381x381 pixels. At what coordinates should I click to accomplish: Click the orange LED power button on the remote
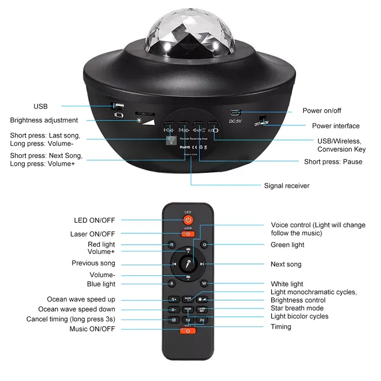tap(188, 220)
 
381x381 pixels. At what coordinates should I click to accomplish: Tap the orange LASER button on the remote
tap(188, 234)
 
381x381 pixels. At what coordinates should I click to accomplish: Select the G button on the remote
tap(204, 245)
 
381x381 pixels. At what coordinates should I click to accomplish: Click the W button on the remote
tap(204, 284)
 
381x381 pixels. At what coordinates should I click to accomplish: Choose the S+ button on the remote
tap(174, 300)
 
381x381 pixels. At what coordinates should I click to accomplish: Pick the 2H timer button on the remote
tap(202, 320)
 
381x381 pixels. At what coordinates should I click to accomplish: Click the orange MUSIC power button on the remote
tap(188, 331)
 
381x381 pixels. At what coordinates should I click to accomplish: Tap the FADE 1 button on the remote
tap(188, 299)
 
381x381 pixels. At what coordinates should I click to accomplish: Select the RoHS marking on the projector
tap(186, 148)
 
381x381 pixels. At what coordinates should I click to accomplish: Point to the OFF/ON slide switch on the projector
tap(261, 122)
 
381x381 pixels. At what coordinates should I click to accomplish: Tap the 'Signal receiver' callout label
tap(287, 185)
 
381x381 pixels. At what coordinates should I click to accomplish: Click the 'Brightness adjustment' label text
tap(44, 120)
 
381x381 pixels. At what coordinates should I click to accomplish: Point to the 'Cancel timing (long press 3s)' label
tap(71, 319)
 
